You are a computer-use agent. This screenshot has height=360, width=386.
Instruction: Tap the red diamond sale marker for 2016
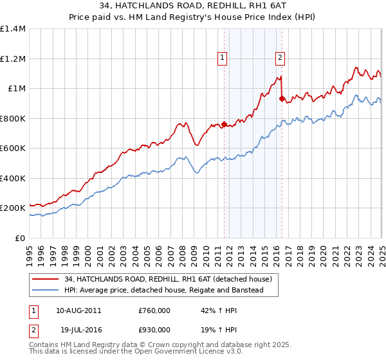coord(282,99)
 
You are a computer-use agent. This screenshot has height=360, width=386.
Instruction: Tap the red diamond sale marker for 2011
coord(224,125)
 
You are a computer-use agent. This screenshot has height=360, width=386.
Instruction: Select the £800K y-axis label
coord(13,118)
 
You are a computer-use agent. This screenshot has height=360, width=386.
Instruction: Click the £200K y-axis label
coord(13,208)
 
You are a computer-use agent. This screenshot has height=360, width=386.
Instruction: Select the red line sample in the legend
coord(46,279)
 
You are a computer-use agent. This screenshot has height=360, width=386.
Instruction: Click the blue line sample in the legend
coord(46,291)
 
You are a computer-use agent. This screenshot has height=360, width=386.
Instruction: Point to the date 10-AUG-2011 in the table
coord(78,310)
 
